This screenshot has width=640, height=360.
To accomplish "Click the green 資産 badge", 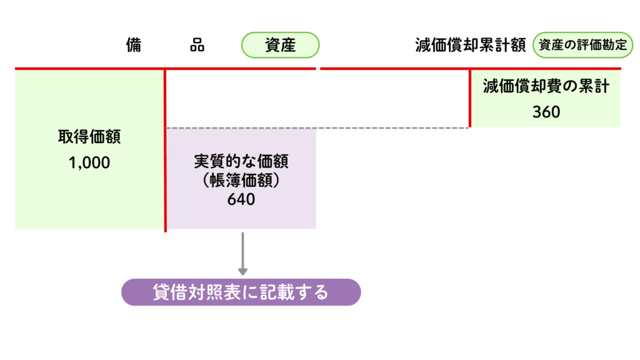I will click(280, 46).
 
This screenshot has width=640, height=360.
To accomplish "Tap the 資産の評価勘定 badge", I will click(582, 46).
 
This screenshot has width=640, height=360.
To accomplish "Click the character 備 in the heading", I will click(133, 46).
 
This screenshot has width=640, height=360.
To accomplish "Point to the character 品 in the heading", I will click(197, 46).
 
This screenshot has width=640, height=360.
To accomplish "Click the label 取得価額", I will click(89, 137).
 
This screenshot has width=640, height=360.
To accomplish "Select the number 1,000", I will click(89, 163).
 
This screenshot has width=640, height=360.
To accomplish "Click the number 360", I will click(546, 112).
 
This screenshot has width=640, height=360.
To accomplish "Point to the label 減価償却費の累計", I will click(546, 87).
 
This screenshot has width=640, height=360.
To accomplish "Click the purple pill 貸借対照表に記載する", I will click(241, 292).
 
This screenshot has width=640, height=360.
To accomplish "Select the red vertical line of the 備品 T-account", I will click(165, 150).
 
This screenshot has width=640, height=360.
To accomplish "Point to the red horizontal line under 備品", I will click(165, 68).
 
